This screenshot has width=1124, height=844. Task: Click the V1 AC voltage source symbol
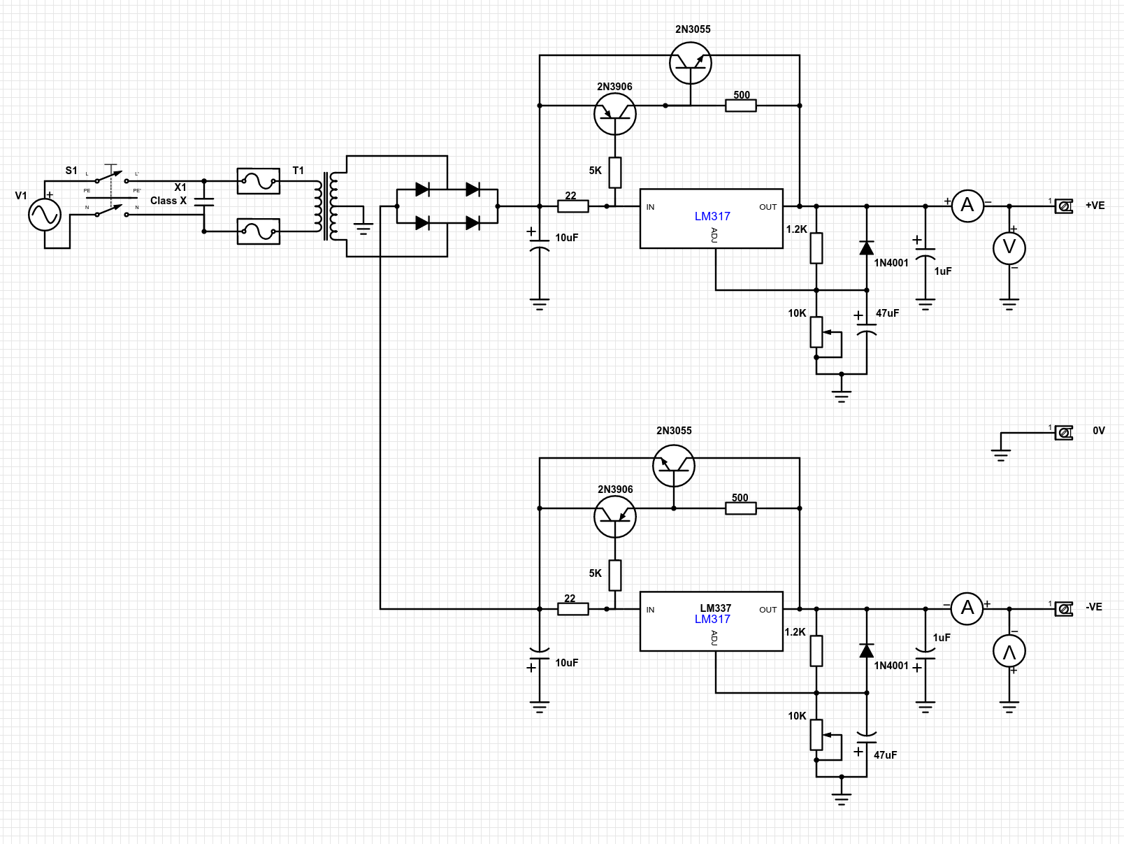coord(45,215)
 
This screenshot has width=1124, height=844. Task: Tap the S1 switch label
coord(71,171)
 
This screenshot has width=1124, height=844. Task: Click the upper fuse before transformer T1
coord(259,181)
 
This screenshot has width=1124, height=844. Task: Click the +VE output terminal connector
coord(1064,206)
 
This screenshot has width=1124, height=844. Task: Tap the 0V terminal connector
coord(1064,433)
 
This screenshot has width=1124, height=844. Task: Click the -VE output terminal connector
coord(1064,609)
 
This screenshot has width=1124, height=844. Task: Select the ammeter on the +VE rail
coord(967,206)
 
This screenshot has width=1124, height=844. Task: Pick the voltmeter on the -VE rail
coord(1009,651)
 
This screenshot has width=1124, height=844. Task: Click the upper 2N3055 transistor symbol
coord(691,63)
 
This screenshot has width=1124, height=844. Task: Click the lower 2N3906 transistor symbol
coord(615,517)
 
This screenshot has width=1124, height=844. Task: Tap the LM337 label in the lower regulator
coord(715,608)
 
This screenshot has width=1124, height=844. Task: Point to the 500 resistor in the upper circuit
coord(741,106)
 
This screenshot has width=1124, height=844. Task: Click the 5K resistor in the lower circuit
coord(615,575)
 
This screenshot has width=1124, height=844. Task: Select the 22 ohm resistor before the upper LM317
coord(573,206)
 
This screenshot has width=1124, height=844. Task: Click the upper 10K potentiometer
coord(816,332)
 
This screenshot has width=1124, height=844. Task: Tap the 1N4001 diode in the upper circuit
coord(867,248)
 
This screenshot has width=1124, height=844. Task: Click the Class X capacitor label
coord(168,201)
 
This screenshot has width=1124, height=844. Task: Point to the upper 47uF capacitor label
coord(887,313)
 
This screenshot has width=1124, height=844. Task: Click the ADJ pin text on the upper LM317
coord(714,235)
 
